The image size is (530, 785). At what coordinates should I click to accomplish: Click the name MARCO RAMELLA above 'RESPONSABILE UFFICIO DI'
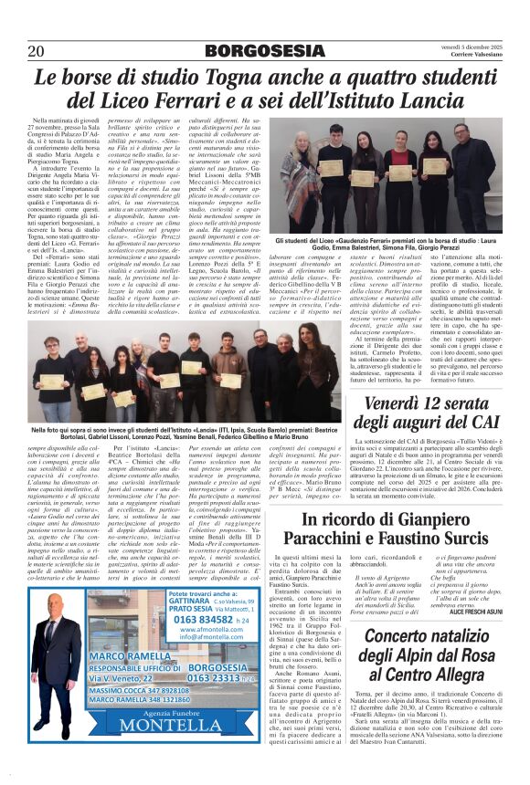[x=130, y=656]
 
